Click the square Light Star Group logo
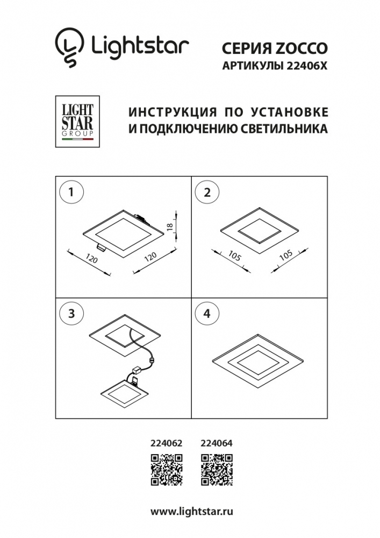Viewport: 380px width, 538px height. pyautogui.click(x=77, y=122)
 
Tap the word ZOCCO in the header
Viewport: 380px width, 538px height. pyautogui.click(x=302, y=48)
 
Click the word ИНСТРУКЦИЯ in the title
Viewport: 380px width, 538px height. pyautogui.click(x=173, y=112)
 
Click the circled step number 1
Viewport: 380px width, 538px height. pyautogui.click(x=71, y=192)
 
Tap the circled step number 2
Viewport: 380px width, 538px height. pyautogui.click(x=207, y=192)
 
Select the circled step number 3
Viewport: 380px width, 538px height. pyautogui.click(x=71, y=313)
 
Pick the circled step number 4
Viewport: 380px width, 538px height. pyautogui.click(x=207, y=313)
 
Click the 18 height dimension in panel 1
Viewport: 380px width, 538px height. pyautogui.click(x=170, y=227)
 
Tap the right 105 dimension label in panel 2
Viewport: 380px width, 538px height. pyautogui.click(x=286, y=255)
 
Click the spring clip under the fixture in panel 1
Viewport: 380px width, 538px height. pyautogui.click(x=101, y=246)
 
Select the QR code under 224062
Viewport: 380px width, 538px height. pyautogui.click(x=167, y=470)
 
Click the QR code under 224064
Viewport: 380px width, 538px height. pyautogui.click(x=217, y=470)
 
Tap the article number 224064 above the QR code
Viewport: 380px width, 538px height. pyautogui.click(x=216, y=443)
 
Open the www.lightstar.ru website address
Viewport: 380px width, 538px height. pyautogui.click(x=192, y=512)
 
